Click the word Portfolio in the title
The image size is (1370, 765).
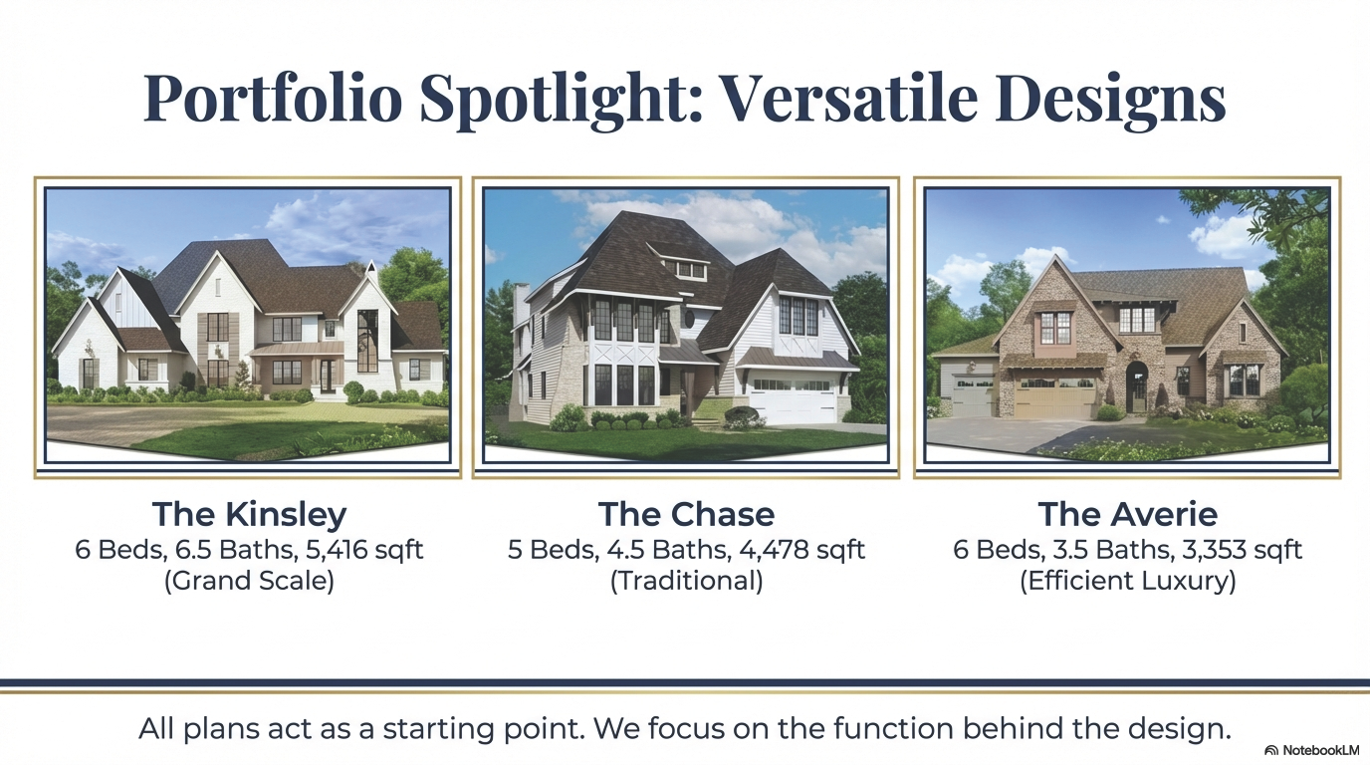(x=273, y=98)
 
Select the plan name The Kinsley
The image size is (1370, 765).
(x=249, y=515)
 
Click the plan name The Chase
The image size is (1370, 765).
(x=686, y=515)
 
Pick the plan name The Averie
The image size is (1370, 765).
(x=1127, y=515)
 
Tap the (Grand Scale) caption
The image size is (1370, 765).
(x=249, y=581)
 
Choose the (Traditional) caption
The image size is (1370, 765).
(x=686, y=581)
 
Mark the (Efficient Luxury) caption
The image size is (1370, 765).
(x=1127, y=581)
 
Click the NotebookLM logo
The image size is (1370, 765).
(x=1311, y=750)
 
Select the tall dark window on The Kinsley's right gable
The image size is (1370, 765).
(x=367, y=340)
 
